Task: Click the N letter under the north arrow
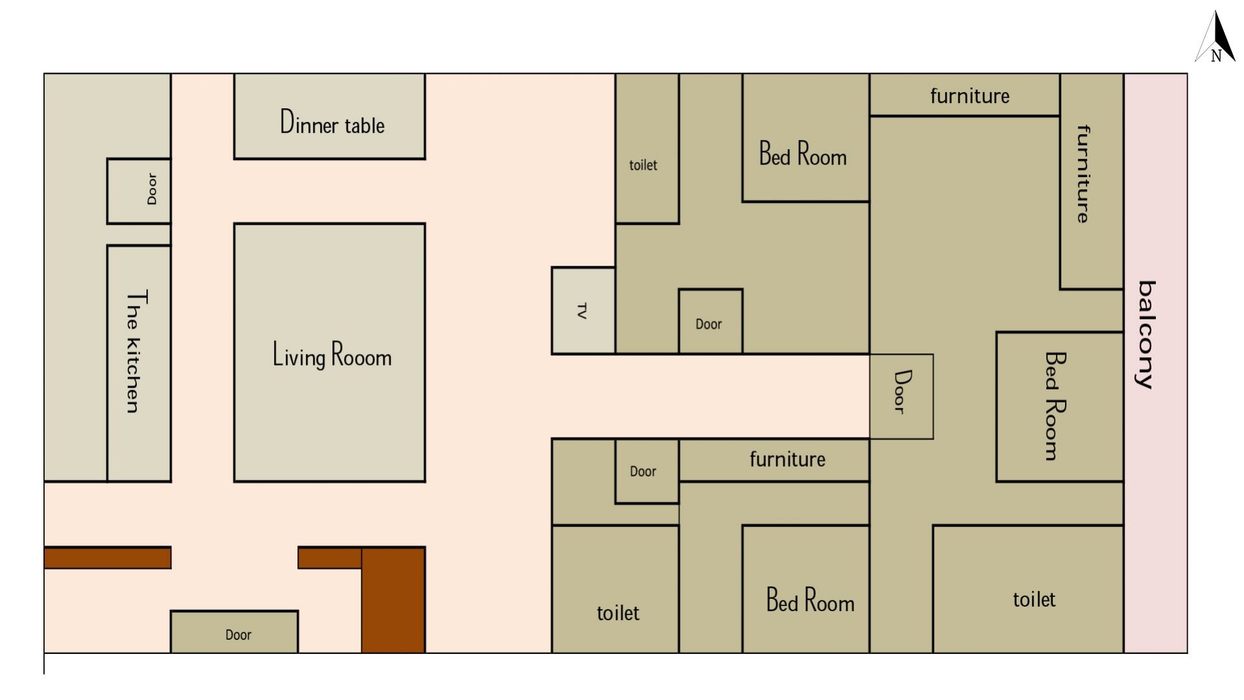coord(1216,56)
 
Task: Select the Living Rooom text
coord(332,355)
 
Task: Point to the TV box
coord(583,310)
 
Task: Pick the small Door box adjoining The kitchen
coord(139,191)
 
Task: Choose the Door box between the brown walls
coord(235,631)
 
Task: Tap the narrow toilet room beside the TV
coord(647,148)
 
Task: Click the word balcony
coord(1146,334)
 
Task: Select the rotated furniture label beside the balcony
coord(1083,174)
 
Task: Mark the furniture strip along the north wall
coord(965,95)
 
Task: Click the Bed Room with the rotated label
coord(1060,407)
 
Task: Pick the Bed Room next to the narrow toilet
coord(806,137)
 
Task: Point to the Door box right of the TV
coord(711,321)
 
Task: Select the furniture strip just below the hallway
coord(774,460)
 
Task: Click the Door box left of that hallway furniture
coord(647,471)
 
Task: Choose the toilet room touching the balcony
coord(1028,589)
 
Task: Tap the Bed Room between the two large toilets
coord(806,589)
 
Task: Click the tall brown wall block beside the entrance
coord(393,600)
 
